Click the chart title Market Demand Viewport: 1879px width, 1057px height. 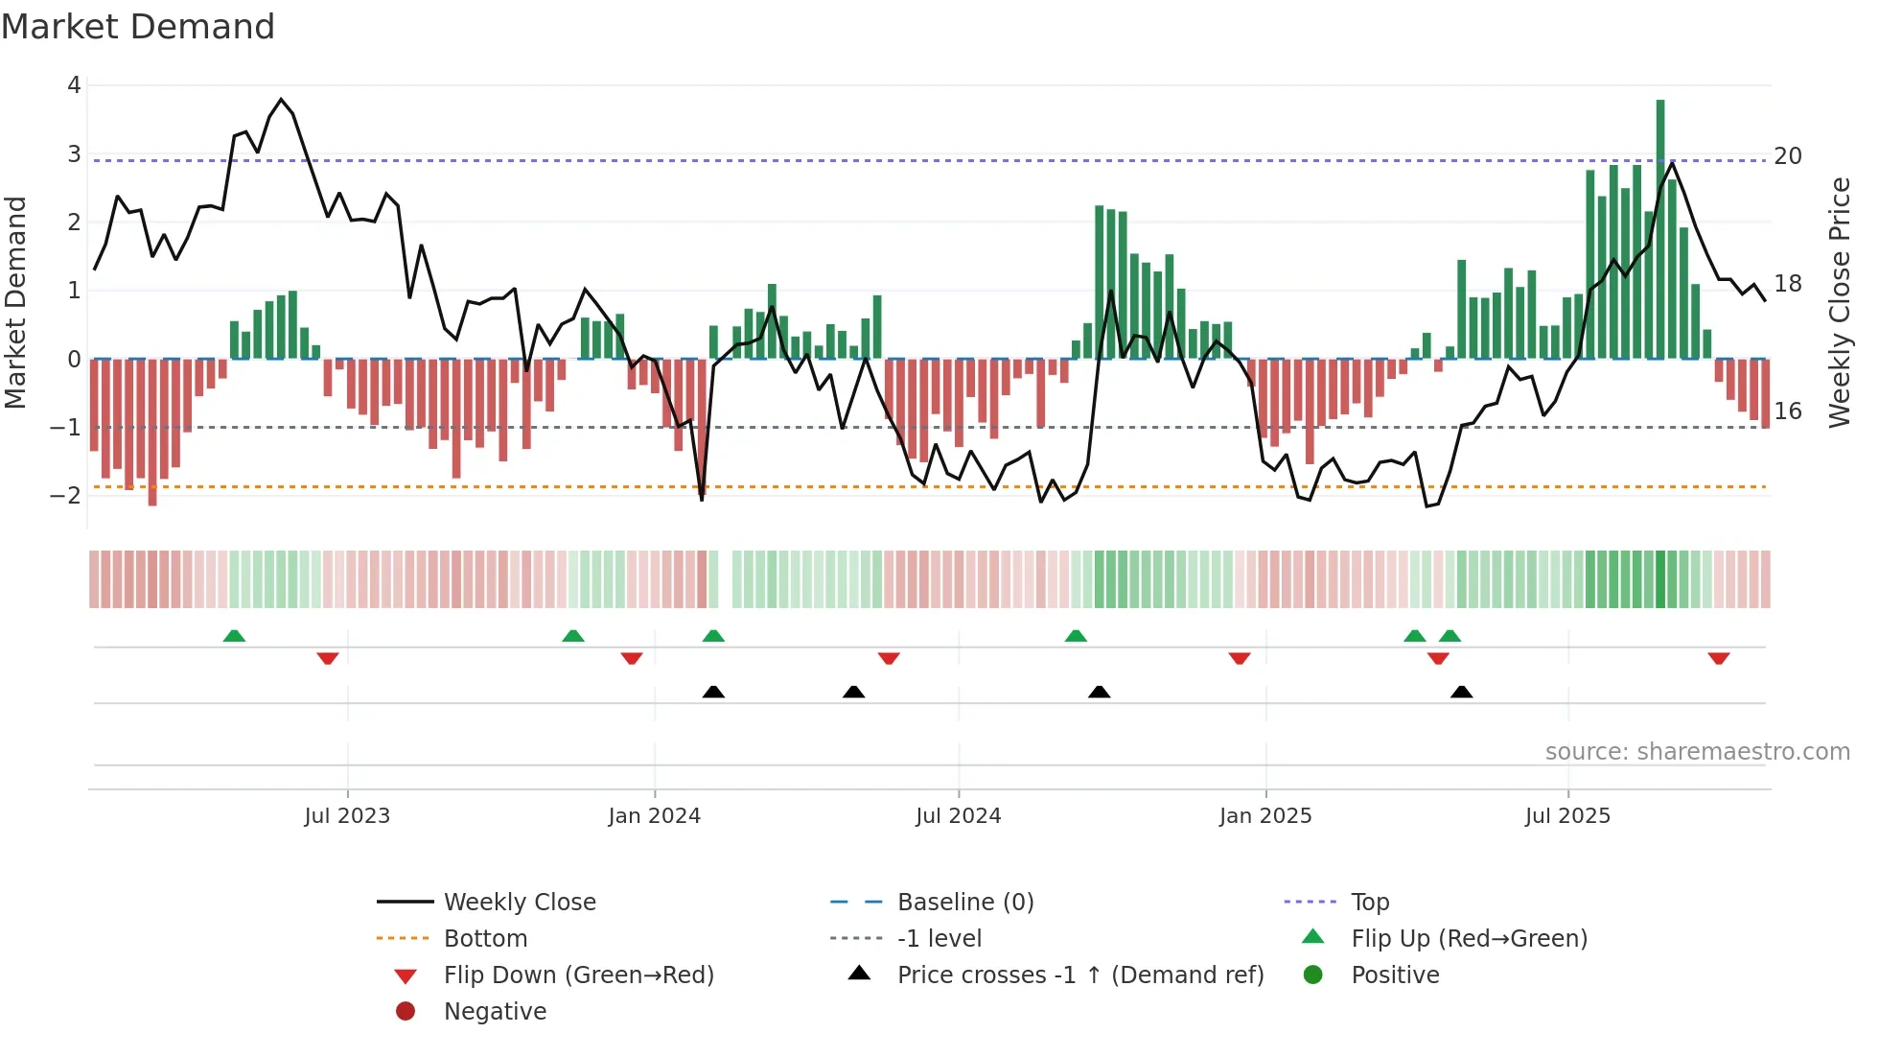138,27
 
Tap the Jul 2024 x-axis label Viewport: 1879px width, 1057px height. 958,815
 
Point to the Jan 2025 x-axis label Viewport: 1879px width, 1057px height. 1265,815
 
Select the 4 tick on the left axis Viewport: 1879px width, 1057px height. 74,85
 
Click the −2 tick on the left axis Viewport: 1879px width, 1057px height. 66,495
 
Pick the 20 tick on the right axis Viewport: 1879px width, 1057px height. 1788,155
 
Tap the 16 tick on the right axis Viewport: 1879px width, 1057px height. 1788,411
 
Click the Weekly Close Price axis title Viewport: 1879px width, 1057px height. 1839,302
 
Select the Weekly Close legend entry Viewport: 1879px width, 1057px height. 519,902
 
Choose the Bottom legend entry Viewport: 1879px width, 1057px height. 485,938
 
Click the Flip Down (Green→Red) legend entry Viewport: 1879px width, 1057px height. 578,975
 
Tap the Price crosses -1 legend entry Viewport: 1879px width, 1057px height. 1079,975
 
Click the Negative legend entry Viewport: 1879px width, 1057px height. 495,1011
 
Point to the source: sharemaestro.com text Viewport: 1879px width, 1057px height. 1697,751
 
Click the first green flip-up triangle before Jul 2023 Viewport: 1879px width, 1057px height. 234,636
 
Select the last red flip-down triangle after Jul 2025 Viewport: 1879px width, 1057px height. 1718,658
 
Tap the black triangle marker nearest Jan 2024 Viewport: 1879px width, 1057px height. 713,692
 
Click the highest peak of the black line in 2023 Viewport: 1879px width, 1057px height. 281,99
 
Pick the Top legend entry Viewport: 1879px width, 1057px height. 1369,902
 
